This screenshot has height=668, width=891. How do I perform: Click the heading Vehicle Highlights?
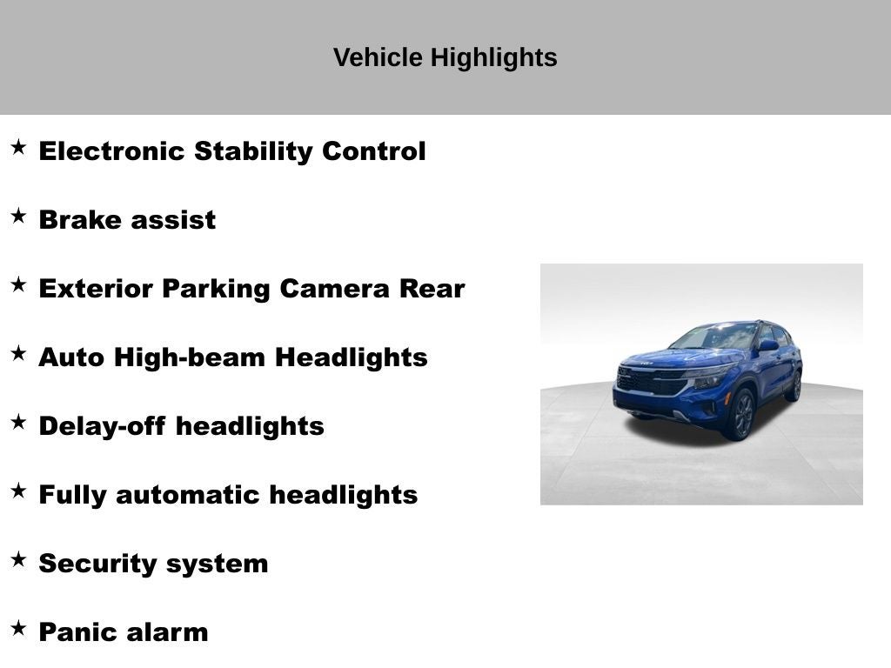click(445, 57)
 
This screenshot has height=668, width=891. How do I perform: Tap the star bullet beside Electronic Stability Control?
click(18, 148)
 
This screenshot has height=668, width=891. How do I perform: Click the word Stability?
click(254, 150)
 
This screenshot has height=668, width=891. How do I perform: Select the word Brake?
click(79, 219)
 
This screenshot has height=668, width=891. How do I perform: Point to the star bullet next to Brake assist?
click(18, 217)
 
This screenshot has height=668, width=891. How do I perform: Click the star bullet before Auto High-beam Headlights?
click(18, 354)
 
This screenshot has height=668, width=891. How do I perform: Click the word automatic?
click(188, 494)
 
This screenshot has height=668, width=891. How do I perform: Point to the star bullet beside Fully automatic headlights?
click(18, 491)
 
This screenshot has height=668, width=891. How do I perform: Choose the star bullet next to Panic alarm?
click(18, 629)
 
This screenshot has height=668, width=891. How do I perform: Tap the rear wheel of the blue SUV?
click(793, 385)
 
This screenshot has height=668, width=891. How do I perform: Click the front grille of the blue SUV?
click(649, 381)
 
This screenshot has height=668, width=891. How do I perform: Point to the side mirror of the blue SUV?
click(767, 345)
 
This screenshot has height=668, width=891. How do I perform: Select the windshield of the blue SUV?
click(717, 337)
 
